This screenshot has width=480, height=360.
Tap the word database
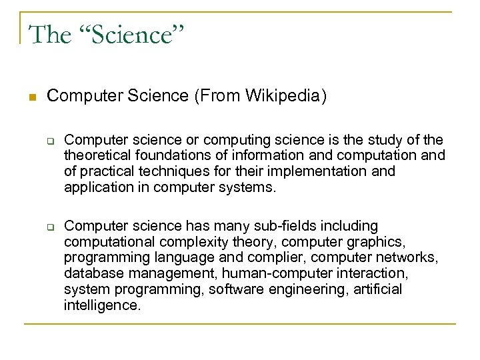90,272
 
